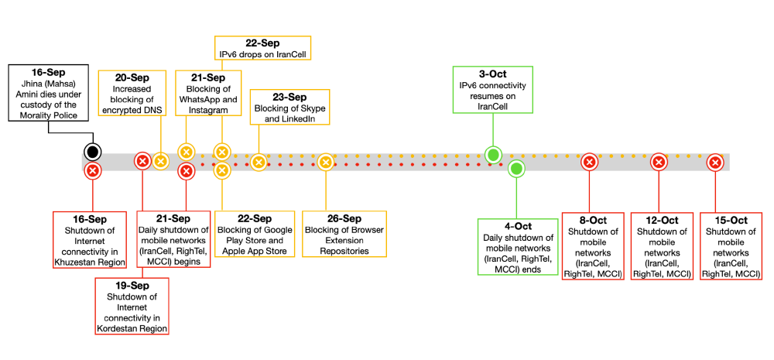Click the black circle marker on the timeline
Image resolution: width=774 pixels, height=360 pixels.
coord(93,151)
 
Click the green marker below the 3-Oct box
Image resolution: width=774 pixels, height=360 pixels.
coord(492,155)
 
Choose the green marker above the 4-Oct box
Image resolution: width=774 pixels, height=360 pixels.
coord(517,168)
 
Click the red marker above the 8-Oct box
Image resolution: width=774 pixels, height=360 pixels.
coord(589,162)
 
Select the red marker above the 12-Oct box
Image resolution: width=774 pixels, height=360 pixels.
coord(659,162)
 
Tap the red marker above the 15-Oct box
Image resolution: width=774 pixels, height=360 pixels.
coord(715,162)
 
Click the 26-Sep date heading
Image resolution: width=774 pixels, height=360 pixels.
coord(344,219)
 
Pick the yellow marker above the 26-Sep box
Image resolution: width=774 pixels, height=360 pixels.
coord(326,162)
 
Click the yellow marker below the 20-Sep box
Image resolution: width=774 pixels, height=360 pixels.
coord(160,161)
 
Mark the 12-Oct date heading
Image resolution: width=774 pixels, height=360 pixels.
coord(659,220)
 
